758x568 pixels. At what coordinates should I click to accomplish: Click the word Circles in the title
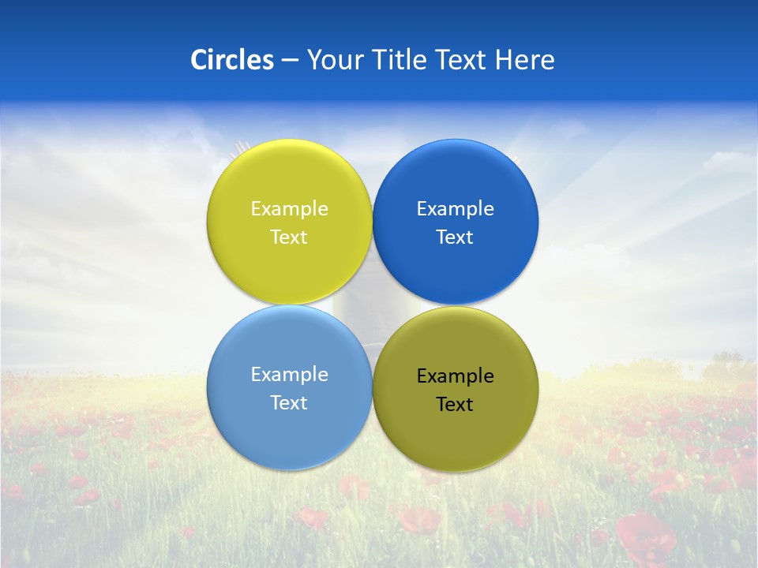pos(231,60)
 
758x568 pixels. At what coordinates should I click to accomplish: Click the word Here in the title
pos(525,60)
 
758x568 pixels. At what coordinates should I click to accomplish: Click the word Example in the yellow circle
pos(289,209)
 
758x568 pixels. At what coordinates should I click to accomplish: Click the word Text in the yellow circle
pos(289,237)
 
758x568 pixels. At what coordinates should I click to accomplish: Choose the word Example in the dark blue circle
pos(456,209)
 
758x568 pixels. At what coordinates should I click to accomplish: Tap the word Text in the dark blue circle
pos(455,237)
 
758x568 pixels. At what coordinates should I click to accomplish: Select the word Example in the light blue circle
pos(289,375)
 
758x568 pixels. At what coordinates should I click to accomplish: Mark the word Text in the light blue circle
pos(289,403)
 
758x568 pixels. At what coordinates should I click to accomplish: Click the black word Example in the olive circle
pos(456,376)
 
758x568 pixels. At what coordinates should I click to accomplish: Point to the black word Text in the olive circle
pos(455,405)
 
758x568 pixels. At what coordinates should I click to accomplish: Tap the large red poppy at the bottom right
pos(646,536)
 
